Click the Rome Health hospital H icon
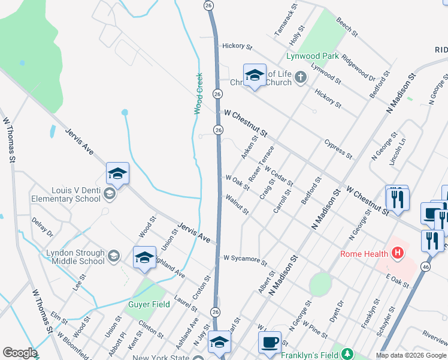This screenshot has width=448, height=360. click(396, 254)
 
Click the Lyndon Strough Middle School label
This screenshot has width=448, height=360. click(75, 257)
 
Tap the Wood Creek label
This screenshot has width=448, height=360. click(198, 94)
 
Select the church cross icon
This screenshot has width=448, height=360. click(301, 77)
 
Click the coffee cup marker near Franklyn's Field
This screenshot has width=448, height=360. click(270, 342)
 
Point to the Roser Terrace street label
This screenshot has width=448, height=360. click(261, 163)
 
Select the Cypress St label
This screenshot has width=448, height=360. click(338, 149)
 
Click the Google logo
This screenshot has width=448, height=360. click(19, 353)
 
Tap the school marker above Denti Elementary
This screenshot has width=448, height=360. click(117, 174)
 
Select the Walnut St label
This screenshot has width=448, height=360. click(237, 205)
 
